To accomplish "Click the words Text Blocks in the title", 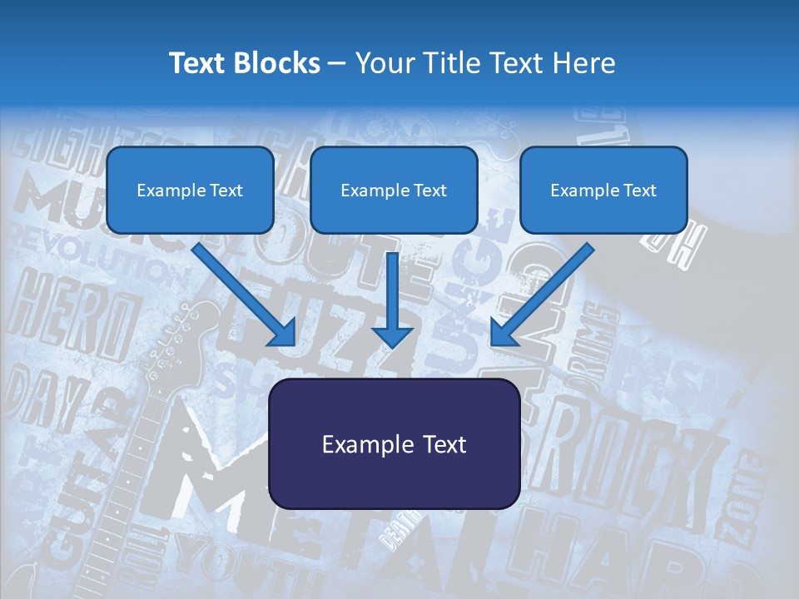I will pyautogui.click(x=244, y=63).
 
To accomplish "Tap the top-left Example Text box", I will pyautogui.click(x=190, y=190).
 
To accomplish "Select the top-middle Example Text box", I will pyautogui.click(x=394, y=190).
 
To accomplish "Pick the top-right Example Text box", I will pyautogui.click(x=603, y=190).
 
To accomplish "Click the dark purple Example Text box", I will pyautogui.click(x=394, y=443).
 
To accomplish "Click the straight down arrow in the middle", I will pyautogui.click(x=392, y=299).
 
